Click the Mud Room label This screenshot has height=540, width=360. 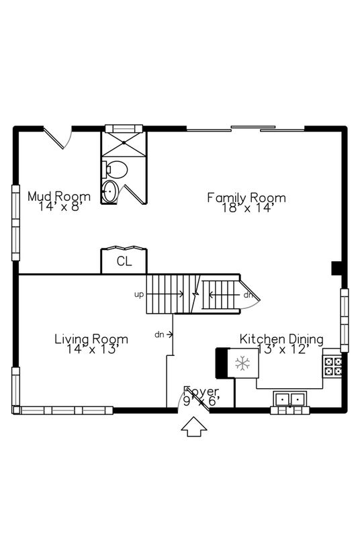[x=58, y=197]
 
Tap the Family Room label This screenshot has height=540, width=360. [x=246, y=197]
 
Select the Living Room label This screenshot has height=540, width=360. [x=91, y=339]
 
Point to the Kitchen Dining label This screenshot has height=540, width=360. [x=281, y=339]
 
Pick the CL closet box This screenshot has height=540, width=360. [x=124, y=261]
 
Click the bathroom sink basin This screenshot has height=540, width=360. [x=109, y=191]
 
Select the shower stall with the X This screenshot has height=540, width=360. [x=123, y=143]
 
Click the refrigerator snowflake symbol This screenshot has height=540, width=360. [x=242, y=363]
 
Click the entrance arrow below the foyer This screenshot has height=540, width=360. [x=195, y=426]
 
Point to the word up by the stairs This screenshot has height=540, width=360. [x=139, y=294]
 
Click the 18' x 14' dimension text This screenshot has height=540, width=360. [x=246, y=208]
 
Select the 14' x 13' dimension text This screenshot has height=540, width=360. [x=91, y=349]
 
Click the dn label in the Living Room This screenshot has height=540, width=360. [x=159, y=334]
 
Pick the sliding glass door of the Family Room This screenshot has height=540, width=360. [x=245, y=128]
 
